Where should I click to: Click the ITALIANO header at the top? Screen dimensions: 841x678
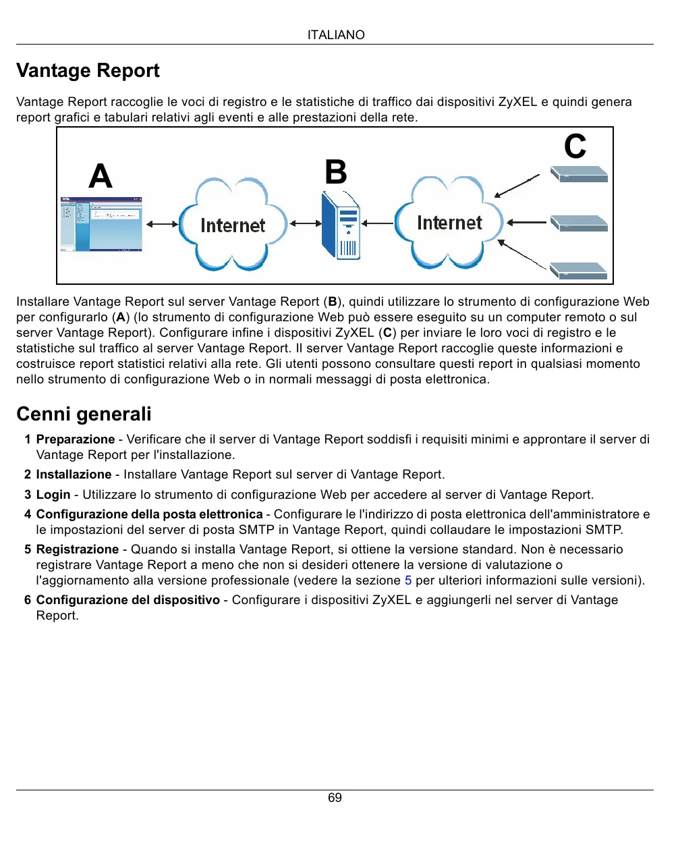pos(335,35)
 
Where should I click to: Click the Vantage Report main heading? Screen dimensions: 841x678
pos(88,71)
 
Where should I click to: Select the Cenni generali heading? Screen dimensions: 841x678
pos(84,414)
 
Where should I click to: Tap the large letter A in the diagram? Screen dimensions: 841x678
pos(101,176)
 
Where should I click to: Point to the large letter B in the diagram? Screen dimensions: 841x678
pos(336,172)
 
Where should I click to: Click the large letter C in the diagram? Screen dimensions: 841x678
pos(575,146)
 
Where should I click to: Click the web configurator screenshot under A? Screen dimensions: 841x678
pos(101,224)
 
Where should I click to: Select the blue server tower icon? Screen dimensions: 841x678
pos(341,225)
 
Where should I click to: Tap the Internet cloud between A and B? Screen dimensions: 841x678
pos(233,224)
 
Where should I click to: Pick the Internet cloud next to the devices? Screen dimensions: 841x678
pos(449,222)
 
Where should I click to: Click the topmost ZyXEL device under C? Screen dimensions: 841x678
pos(579,174)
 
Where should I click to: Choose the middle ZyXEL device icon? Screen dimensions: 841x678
pos(579,223)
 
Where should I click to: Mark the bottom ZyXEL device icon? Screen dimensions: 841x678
pos(579,271)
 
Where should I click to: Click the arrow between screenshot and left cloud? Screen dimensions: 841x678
pos(162,224)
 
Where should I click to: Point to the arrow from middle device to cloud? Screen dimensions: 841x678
pos(527,222)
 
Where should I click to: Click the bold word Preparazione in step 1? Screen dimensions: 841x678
pos(76,439)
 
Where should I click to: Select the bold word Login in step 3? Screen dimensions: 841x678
pos(53,495)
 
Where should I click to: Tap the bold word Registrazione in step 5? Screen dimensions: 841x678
pos(78,549)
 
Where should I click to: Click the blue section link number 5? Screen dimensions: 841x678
pos(408,580)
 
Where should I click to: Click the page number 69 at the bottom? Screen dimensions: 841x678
pos(335,798)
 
